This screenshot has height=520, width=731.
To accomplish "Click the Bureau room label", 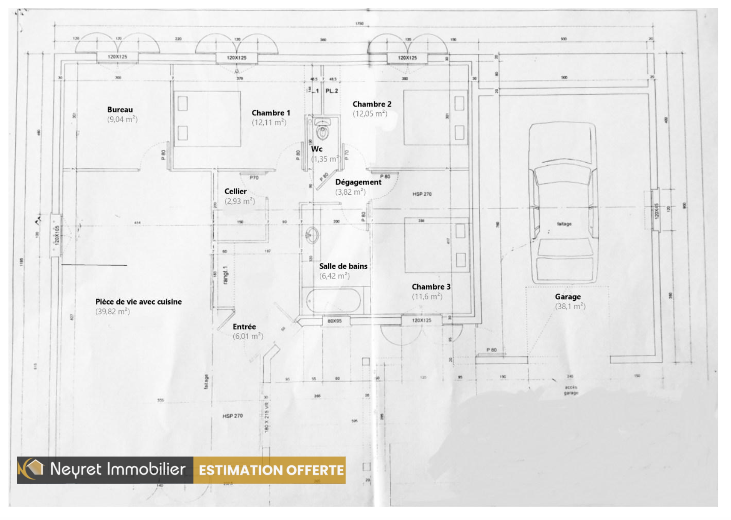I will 120,110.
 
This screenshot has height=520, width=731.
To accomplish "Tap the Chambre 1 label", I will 271,113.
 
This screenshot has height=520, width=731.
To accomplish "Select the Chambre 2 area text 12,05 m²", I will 370,114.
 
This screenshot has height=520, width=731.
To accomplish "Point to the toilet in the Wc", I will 322,130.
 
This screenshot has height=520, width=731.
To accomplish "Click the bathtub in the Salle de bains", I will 334,300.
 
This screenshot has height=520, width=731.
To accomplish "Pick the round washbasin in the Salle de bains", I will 312,235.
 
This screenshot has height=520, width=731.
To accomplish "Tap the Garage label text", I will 568,297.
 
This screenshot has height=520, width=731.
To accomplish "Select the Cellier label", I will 236,191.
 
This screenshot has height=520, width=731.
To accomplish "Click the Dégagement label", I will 358,182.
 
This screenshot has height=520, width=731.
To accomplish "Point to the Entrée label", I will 244,327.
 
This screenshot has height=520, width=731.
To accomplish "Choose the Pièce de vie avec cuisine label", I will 138,302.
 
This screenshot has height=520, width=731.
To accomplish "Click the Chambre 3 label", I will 431,287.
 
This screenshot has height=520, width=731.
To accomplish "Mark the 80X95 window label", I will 335,321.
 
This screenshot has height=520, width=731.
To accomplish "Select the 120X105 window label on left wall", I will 57,235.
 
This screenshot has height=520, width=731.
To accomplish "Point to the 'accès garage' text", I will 571,390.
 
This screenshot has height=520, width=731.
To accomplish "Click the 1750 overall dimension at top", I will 359,23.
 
